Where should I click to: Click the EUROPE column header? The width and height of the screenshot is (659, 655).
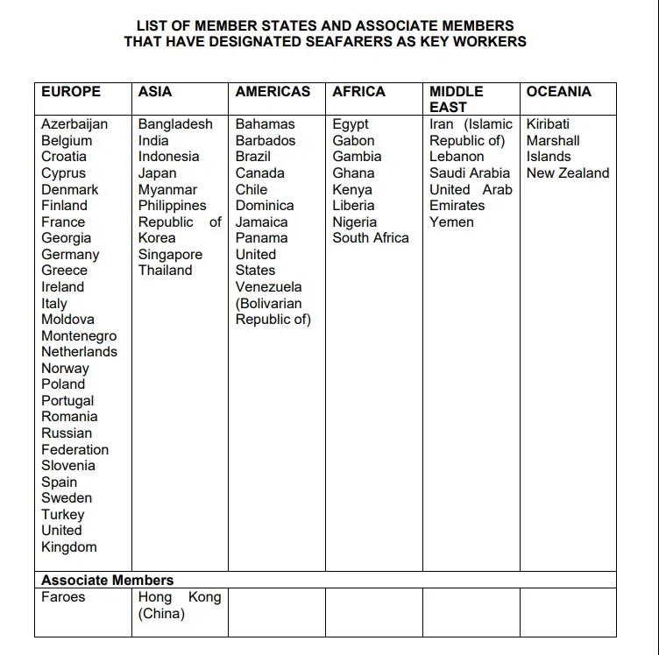click(71, 91)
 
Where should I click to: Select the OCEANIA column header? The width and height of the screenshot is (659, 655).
click(558, 91)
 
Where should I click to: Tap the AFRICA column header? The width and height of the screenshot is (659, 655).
click(358, 91)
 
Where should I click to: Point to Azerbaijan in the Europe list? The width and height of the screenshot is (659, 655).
click(74, 124)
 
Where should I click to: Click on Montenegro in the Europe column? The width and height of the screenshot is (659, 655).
click(79, 336)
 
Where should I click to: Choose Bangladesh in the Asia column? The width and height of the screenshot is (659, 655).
click(175, 124)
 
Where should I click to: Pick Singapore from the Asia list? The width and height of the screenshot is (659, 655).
click(170, 255)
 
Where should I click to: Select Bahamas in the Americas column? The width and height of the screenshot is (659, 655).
click(265, 124)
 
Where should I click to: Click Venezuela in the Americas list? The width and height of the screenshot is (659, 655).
click(268, 287)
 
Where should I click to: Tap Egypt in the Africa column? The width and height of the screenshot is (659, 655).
click(351, 124)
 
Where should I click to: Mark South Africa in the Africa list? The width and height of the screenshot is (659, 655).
click(371, 238)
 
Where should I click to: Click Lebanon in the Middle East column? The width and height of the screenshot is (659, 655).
click(457, 157)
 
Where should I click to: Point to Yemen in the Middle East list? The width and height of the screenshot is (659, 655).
click(451, 222)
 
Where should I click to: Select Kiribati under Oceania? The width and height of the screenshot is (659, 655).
click(548, 124)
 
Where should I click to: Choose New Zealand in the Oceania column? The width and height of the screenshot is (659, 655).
click(568, 173)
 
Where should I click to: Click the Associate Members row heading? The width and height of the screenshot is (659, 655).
click(108, 580)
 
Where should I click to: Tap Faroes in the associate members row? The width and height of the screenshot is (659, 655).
click(63, 597)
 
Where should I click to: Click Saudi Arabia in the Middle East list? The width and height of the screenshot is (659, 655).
click(470, 173)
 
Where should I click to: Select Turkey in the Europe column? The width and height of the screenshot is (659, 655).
click(63, 515)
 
